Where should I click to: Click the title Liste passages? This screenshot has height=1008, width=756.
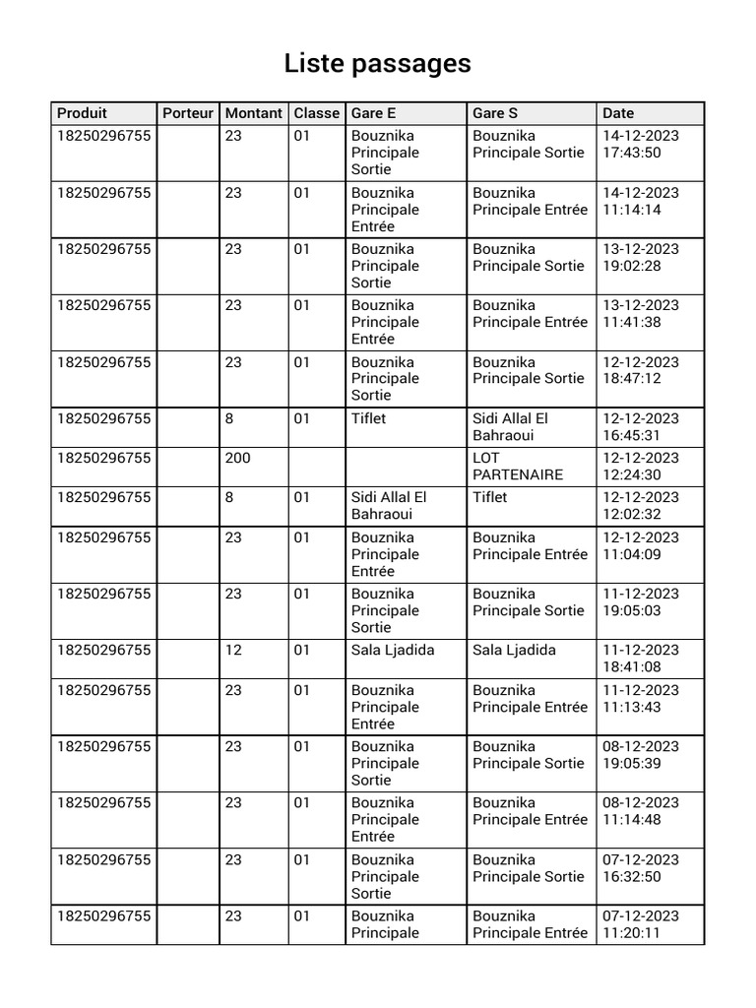click(x=377, y=64)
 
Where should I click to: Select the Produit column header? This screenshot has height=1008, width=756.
click(x=83, y=113)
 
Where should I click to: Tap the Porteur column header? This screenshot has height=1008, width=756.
click(x=188, y=113)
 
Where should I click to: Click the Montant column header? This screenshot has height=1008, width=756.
click(x=253, y=113)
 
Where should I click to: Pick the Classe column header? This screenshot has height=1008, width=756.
click(x=316, y=113)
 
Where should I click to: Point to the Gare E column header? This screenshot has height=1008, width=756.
click(x=374, y=113)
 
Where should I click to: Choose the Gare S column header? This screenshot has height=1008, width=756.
click(x=495, y=113)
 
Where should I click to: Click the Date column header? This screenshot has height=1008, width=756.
click(x=618, y=113)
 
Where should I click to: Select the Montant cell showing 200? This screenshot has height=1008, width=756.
click(x=238, y=458)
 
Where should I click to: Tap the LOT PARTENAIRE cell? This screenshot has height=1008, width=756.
click(x=518, y=466)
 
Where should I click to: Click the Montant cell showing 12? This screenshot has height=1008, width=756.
click(x=233, y=650)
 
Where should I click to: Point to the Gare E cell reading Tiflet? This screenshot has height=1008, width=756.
click(x=369, y=418)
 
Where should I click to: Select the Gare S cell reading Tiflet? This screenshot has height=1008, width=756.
click(x=490, y=497)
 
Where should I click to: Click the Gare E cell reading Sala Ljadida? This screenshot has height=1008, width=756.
click(x=393, y=650)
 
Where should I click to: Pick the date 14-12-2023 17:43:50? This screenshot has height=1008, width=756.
click(x=640, y=144)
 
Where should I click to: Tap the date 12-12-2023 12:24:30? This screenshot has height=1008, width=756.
click(x=640, y=466)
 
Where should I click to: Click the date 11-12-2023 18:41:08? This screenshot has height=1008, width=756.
click(x=640, y=659)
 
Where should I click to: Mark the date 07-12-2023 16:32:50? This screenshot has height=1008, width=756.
click(x=640, y=868)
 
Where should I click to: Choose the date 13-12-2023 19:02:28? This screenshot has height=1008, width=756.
click(x=640, y=257)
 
